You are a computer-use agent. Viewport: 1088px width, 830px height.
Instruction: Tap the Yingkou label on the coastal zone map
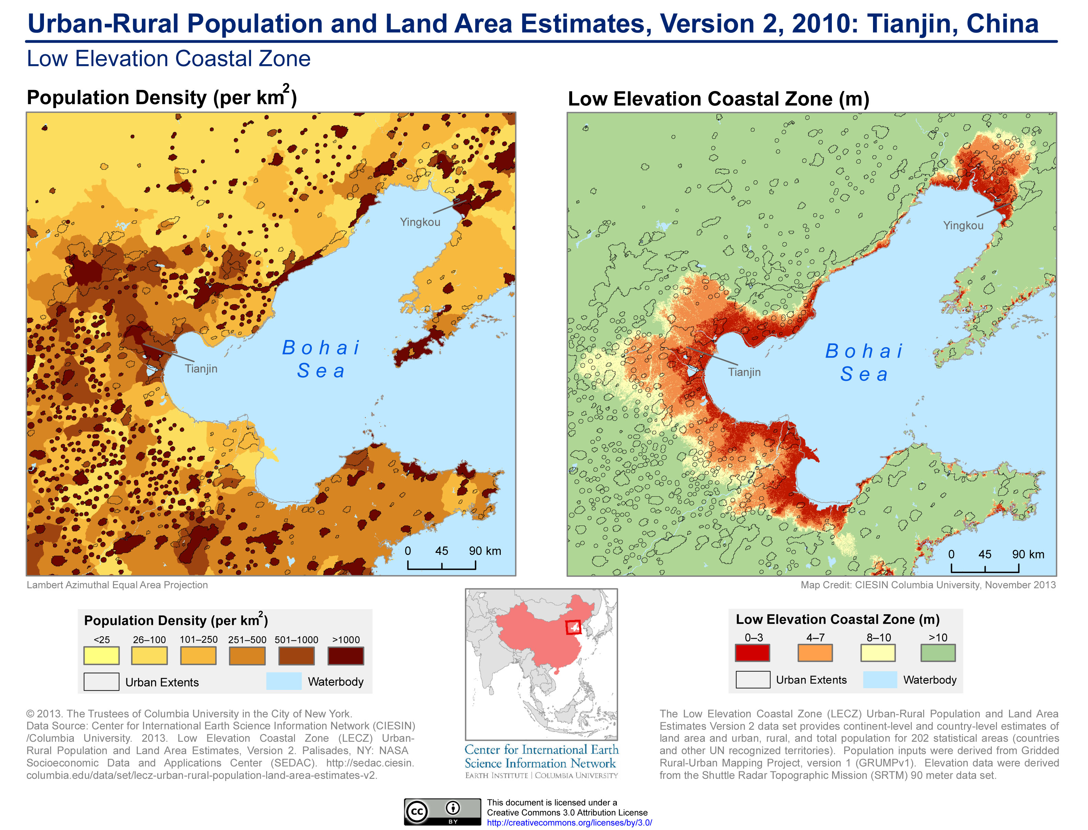963,225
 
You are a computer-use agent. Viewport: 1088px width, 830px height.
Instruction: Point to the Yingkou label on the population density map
420,222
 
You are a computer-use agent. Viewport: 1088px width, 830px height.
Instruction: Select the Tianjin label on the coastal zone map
744,372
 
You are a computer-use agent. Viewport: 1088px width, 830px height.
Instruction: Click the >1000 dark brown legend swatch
345,656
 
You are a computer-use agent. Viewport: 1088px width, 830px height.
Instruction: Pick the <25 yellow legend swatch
101,656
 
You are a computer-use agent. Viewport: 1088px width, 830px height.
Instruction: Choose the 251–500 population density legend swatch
247,656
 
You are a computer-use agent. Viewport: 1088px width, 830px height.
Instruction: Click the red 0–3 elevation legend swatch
752,653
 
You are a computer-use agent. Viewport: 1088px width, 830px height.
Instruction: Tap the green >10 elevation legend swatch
938,653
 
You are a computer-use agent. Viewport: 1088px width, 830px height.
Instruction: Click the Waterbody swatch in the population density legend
284,681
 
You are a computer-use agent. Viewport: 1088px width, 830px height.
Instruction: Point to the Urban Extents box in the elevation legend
752,679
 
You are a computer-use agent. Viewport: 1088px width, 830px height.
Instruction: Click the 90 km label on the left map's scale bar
485,551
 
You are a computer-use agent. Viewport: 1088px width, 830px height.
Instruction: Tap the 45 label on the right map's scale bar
985,554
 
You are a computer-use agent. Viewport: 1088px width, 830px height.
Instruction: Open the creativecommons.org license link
569,822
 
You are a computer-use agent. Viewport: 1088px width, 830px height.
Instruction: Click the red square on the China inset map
573,627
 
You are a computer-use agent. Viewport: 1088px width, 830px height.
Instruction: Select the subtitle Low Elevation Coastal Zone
169,59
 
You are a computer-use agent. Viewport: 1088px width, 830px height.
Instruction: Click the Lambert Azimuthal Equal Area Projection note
117,585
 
